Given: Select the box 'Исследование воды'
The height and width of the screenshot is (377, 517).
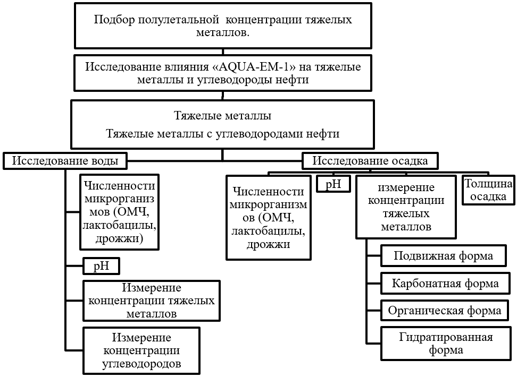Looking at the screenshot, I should tap(65, 161).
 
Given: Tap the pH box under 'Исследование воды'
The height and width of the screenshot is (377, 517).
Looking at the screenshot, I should tap(101, 266).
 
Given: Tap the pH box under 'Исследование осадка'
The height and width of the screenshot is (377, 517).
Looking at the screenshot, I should tap(333, 184).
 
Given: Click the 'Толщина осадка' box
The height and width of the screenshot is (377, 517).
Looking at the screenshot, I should tap(488, 191).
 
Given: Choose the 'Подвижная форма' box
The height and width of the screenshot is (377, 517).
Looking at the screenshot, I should tap(443, 256).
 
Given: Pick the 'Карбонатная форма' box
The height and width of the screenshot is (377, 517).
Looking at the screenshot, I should tap(445, 282).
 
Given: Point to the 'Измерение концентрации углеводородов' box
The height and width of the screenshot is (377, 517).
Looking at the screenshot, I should tap(141, 350).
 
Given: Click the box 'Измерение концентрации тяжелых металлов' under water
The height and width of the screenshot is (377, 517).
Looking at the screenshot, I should tap(152, 301).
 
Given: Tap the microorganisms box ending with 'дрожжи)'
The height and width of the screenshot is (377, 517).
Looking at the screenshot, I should tap(120, 212).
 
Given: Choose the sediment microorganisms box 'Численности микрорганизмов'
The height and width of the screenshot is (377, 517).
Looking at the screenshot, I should tap(268, 218).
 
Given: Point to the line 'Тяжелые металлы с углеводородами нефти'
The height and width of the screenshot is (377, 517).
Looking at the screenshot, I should tap(222, 134).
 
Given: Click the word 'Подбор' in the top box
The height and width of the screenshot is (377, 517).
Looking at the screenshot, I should tap(114, 20).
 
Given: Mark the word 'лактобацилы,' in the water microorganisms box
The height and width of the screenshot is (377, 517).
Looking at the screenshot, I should tap(120, 226).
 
